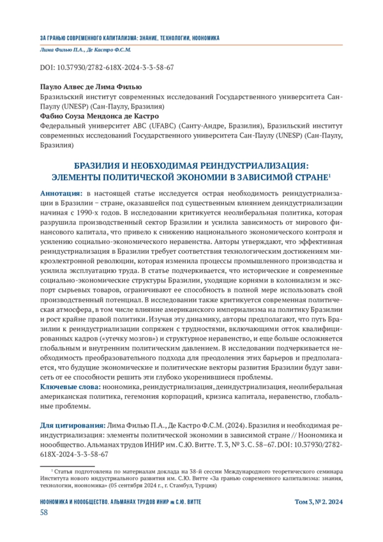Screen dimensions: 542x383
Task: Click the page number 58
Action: (44, 513)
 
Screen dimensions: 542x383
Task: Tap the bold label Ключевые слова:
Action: (69, 387)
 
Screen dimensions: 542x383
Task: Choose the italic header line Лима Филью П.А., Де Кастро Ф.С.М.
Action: (85, 50)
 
